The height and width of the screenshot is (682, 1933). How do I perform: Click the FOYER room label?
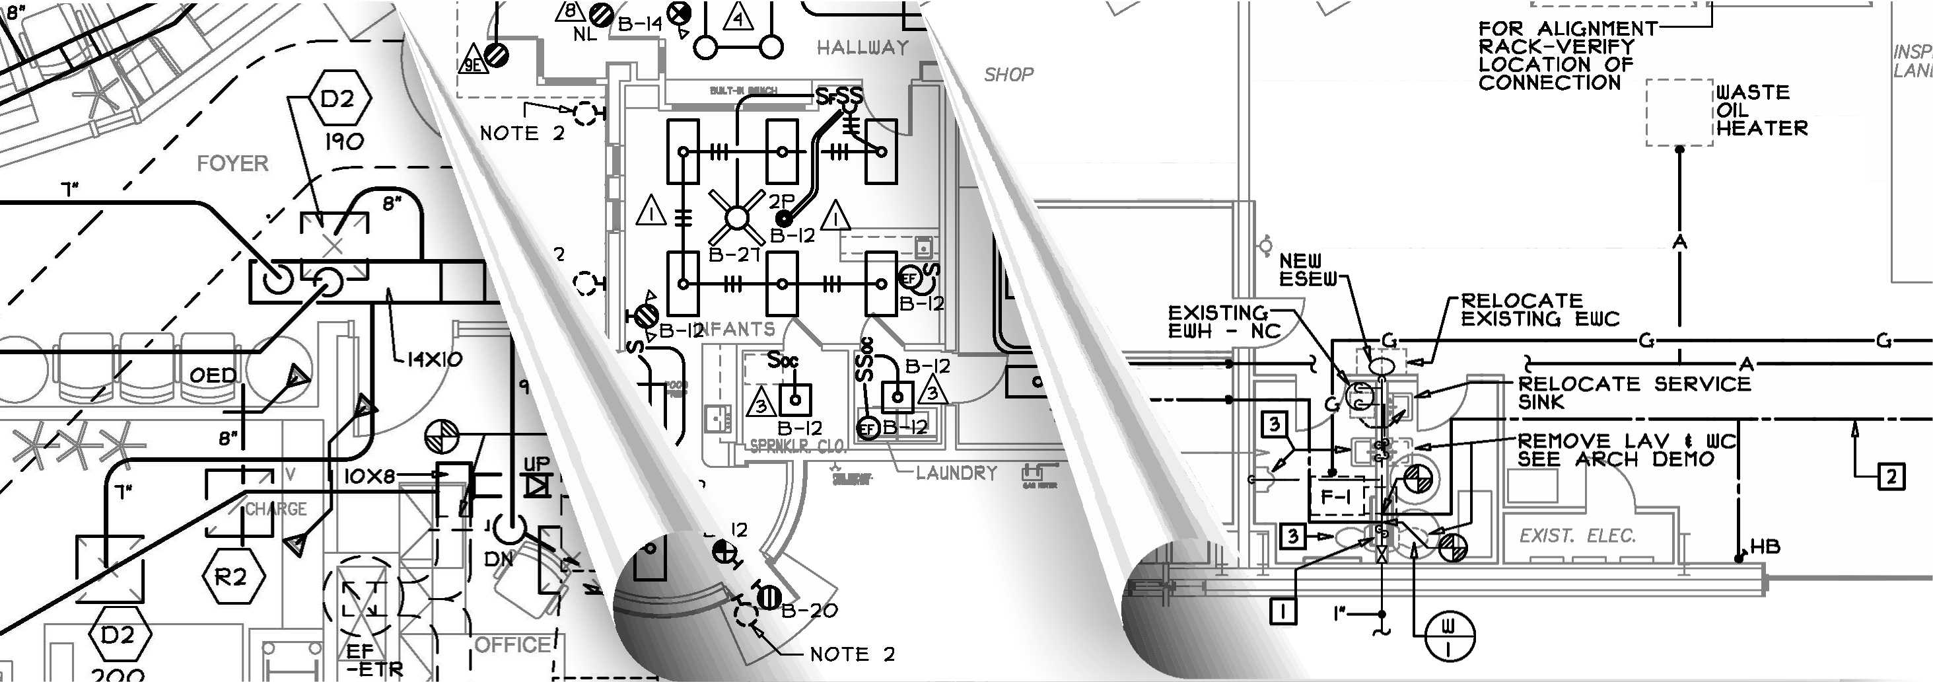[232, 164]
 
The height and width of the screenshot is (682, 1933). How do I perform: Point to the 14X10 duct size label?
[435, 360]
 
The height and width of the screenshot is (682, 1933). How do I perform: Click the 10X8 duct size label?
[369, 476]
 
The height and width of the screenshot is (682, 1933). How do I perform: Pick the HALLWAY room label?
[862, 48]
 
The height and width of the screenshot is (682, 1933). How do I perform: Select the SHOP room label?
[1008, 75]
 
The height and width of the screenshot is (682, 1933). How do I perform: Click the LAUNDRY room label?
[956, 473]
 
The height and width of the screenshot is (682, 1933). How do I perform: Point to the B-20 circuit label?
[809, 611]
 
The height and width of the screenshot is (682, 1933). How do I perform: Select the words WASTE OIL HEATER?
[1761, 110]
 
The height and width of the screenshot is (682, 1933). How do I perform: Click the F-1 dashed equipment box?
[1337, 496]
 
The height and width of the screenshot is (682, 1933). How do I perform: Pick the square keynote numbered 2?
[1891, 476]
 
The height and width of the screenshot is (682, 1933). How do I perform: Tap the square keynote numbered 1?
[1283, 611]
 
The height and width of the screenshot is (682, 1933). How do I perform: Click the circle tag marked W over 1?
[1448, 636]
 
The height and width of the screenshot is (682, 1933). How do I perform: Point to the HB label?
[1764, 547]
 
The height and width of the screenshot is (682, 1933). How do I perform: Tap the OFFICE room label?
[513, 645]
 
